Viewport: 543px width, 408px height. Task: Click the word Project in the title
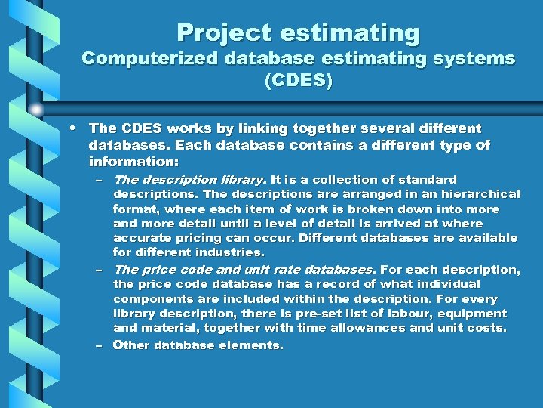coord(223,33)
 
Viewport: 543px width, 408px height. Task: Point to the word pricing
coord(196,238)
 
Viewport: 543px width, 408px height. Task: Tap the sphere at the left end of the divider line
coord(35,109)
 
